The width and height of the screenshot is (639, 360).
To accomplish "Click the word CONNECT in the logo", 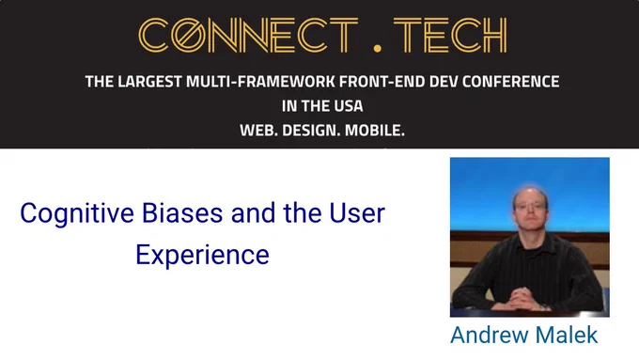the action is [248, 35].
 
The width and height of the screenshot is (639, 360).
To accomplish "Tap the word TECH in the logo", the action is [450, 35].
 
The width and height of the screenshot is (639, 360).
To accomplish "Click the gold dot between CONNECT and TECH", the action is [377, 49].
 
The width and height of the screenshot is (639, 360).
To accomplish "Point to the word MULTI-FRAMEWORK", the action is [260, 82].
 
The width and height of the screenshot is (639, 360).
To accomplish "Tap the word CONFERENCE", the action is [510, 82].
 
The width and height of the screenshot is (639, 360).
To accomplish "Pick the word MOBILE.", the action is [375, 131].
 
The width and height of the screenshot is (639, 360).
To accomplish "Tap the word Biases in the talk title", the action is [182, 212].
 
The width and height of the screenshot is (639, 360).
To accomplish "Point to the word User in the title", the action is [357, 212].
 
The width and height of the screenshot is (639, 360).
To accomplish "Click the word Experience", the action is [203, 256].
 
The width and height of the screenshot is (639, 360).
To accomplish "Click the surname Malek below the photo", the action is [567, 336].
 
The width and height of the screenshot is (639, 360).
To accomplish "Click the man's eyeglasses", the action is [530, 206].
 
